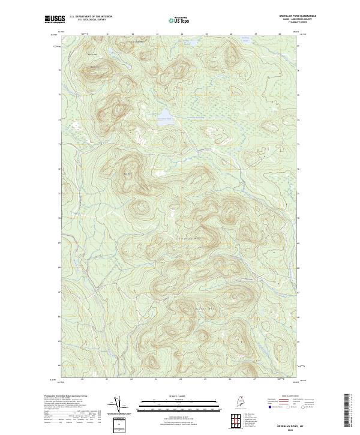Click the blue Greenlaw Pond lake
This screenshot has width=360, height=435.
[164, 114]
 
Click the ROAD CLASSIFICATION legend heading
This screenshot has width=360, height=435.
[287, 397]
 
